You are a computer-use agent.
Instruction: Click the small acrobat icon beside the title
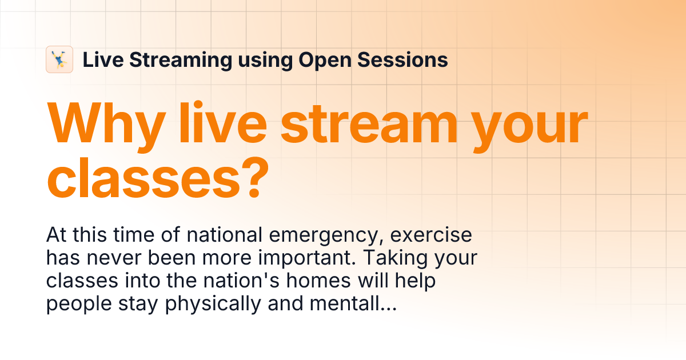pos(59,59)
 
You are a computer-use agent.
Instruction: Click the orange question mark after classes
pos(253,177)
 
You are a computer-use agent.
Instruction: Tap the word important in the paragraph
pos(300,259)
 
